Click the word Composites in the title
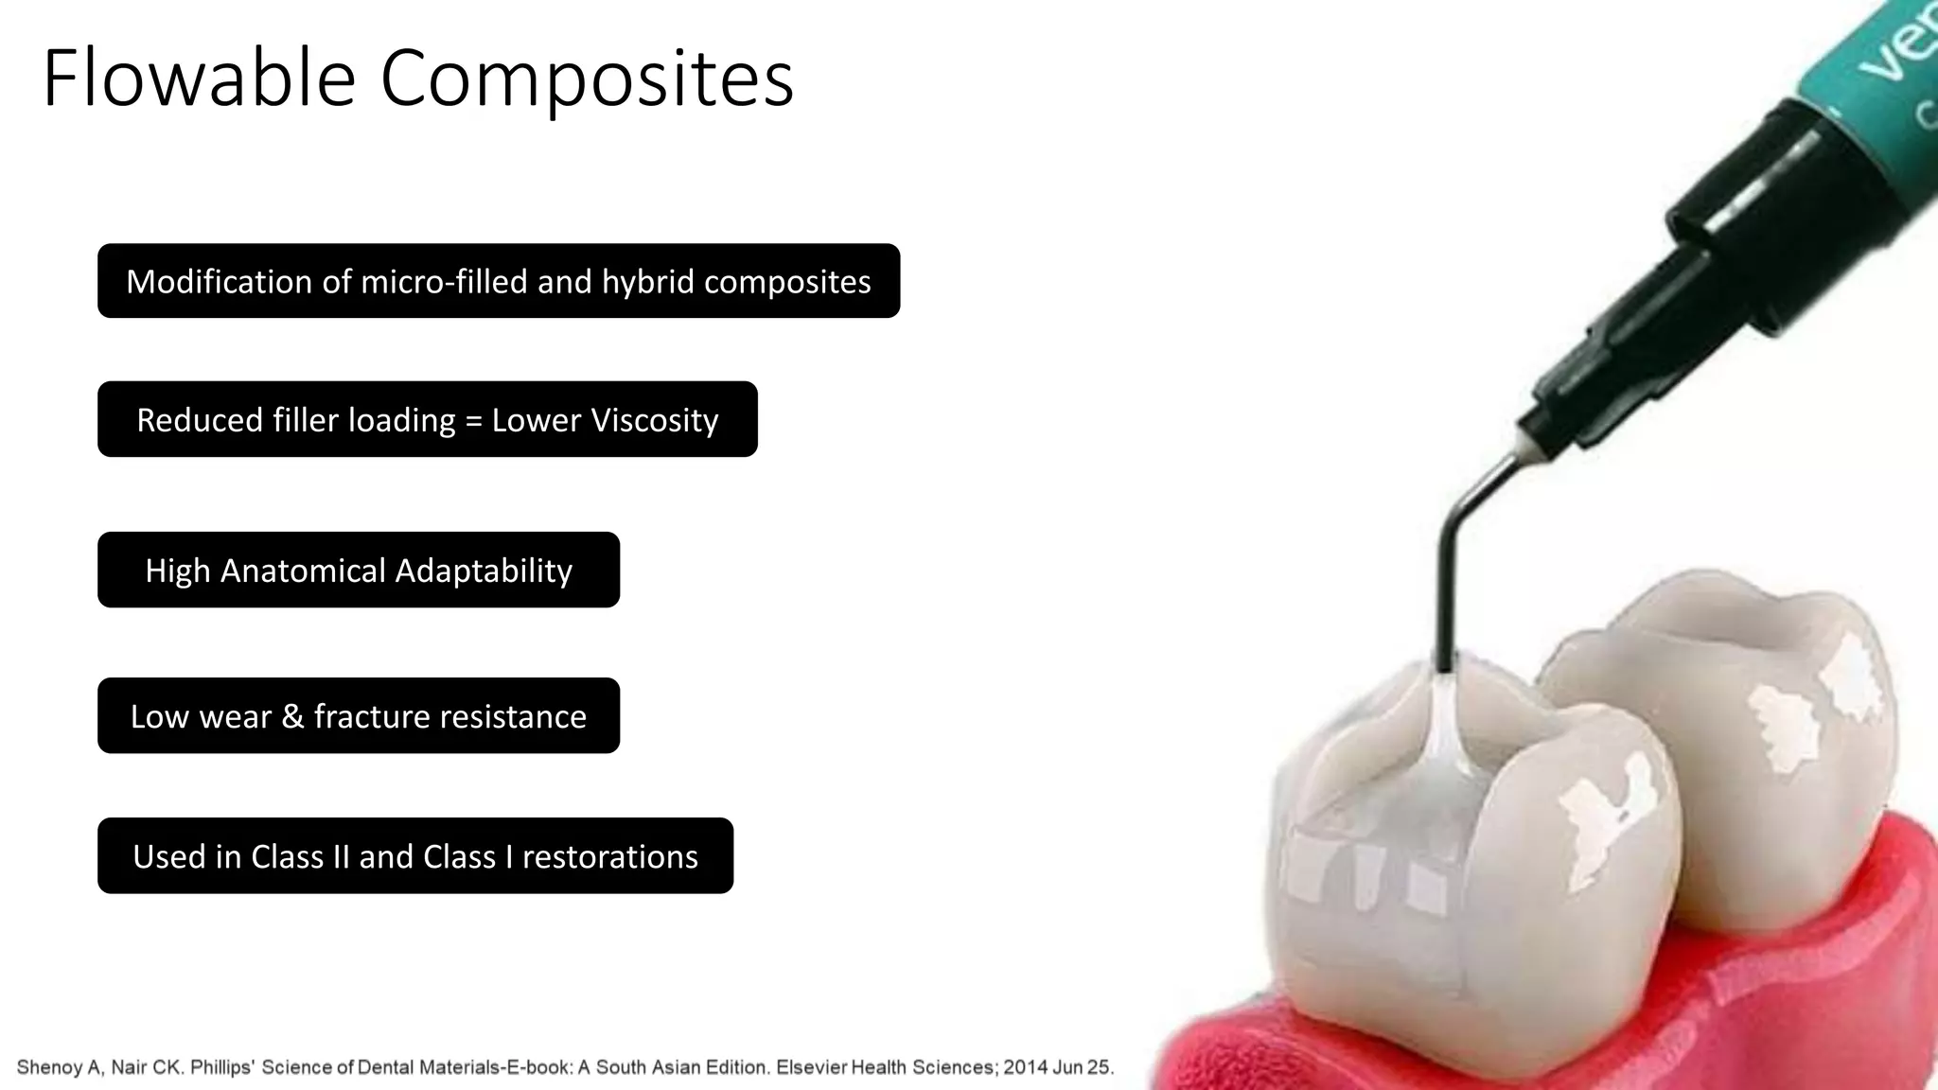click(587, 79)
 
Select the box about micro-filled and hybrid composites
click(499, 281)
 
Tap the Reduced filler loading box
click(427, 419)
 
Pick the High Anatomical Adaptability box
click(358, 570)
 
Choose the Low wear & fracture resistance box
click(358, 715)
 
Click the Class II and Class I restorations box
click(414, 855)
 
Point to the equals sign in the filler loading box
click(473, 420)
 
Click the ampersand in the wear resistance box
click(291, 716)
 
